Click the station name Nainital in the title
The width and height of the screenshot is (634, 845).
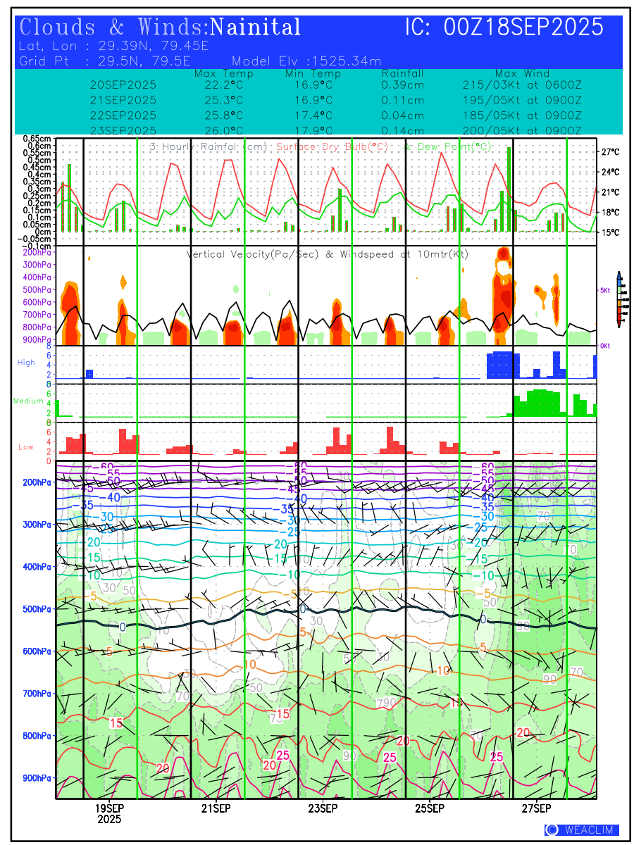[x=256, y=27]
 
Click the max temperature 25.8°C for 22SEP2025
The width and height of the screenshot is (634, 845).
[x=223, y=115]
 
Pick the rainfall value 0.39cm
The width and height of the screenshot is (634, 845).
[x=402, y=84]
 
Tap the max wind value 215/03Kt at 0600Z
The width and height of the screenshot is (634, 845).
[x=521, y=84]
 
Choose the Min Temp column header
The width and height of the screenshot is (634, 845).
[x=313, y=73]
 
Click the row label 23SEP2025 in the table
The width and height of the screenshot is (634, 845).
[x=123, y=130]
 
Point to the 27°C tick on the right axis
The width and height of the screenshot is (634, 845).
[x=610, y=151]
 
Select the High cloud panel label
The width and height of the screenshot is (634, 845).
[x=26, y=362]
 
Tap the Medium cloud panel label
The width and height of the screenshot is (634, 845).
[x=29, y=401]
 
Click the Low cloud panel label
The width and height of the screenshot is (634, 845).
[x=26, y=446]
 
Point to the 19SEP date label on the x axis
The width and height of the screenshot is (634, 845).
[x=109, y=808]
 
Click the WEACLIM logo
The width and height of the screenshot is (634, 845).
[x=582, y=830]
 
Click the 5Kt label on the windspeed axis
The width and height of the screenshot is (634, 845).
[x=604, y=290]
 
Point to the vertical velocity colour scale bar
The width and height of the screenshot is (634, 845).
[x=619, y=299]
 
